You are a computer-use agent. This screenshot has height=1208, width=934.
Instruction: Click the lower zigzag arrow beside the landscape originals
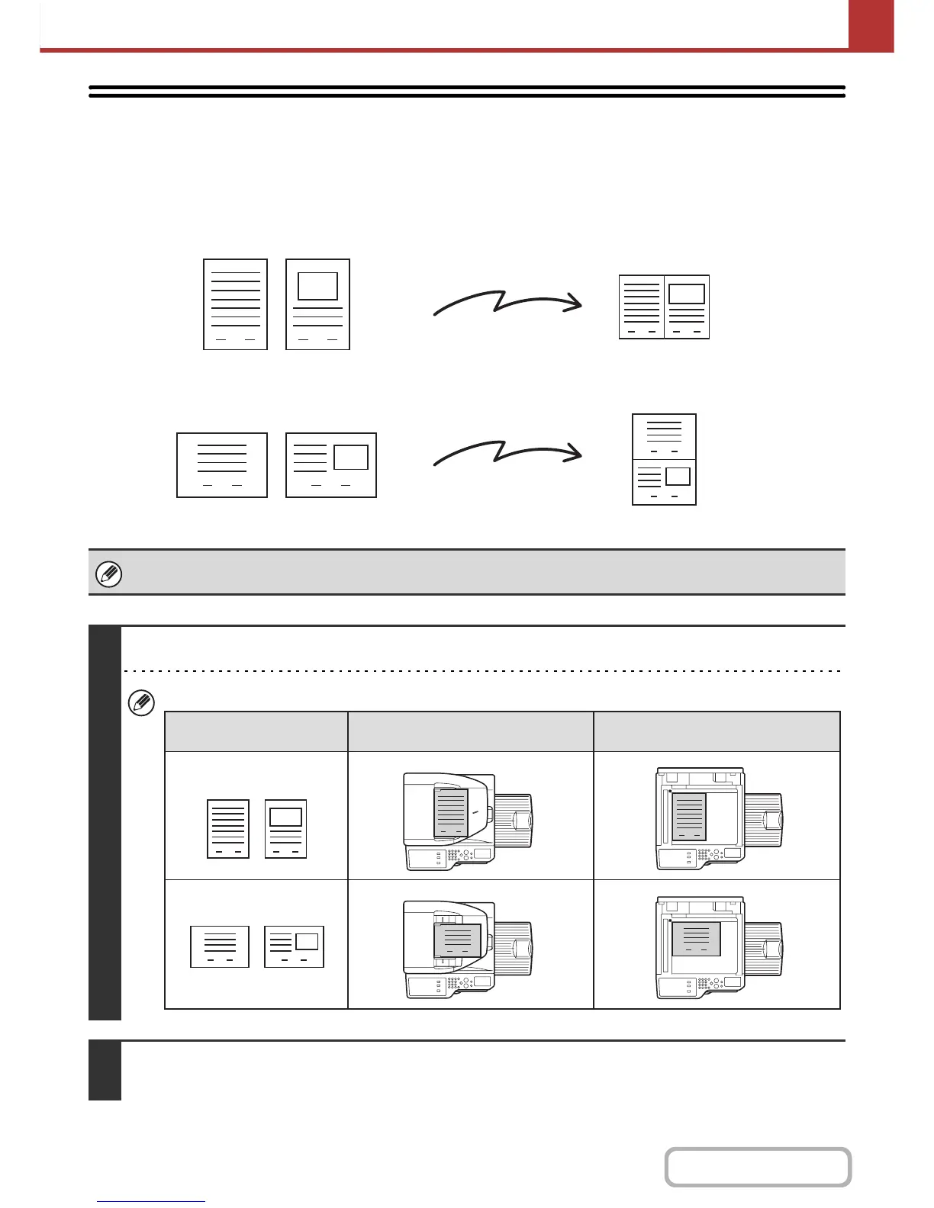click(507, 453)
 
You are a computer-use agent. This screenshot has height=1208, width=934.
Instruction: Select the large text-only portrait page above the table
click(235, 304)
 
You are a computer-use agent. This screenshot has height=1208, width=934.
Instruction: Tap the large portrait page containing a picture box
click(317, 304)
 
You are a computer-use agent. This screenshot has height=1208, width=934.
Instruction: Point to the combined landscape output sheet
click(664, 307)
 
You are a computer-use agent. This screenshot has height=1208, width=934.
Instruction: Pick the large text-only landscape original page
click(222, 465)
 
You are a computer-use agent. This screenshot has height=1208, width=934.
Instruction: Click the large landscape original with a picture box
click(331, 465)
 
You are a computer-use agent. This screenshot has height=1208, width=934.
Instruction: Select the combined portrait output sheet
click(664, 459)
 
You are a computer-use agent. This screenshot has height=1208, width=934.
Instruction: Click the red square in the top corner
click(871, 24)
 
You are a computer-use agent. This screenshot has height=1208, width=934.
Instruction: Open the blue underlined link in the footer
click(151, 1201)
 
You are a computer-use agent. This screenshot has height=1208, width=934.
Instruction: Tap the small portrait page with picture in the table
click(285, 829)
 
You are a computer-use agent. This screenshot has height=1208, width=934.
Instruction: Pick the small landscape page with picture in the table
click(295, 946)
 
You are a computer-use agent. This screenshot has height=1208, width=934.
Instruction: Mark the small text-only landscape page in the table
click(220, 946)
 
